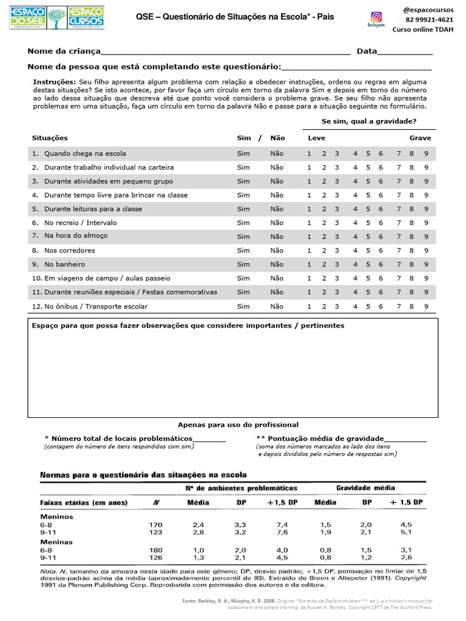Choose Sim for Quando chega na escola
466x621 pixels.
tap(243, 153)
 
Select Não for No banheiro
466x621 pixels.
tap(277, 264)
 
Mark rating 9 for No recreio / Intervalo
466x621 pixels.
tap(426, 223)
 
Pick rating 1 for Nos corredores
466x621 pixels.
tap(309, 250)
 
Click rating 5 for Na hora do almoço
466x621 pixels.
tap(368, 237)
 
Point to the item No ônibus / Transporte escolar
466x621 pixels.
tap(95, 306)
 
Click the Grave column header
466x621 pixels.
tap(420, 138)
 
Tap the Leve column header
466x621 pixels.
tap(317, 138)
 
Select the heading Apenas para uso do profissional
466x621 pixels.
tap(238, 425)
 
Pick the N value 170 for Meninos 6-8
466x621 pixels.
tap(155, 525)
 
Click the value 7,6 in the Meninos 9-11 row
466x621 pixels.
tap(283, 532)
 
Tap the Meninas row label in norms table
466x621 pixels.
tap(56, 542)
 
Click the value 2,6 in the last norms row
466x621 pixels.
tap(406, 557)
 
